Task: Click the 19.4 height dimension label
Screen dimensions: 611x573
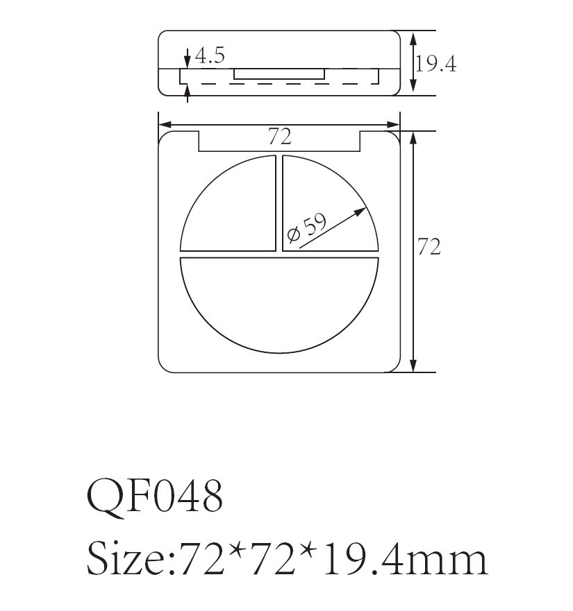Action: [x=435, y=64]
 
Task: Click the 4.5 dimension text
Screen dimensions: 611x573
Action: [x=209, y=56]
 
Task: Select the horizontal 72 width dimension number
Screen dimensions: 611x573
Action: [x=279, y=137]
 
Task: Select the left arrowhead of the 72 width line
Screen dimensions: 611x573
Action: [x=164, y=126]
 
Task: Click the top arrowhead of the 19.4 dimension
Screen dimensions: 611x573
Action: [x=413, y=37]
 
